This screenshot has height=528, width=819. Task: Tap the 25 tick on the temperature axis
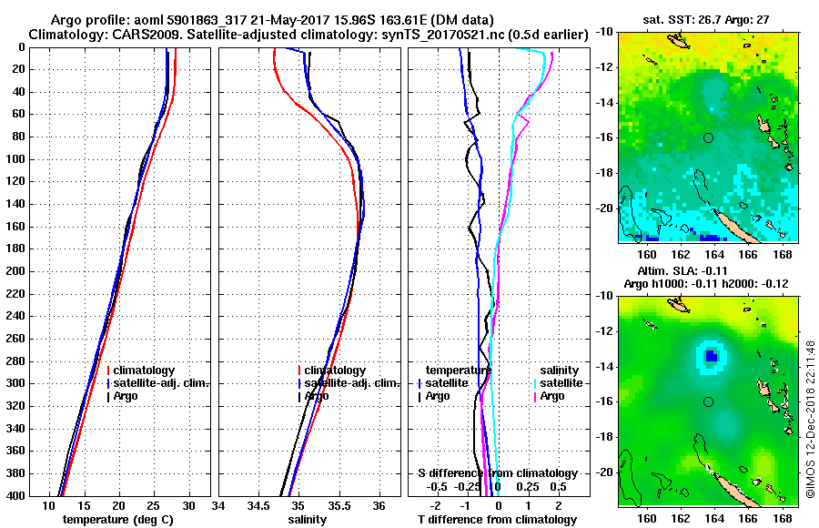[x=154, y=506]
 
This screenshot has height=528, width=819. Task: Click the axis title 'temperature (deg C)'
[x=117, y=519]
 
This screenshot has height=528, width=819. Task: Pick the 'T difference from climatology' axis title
[x=497, y=519]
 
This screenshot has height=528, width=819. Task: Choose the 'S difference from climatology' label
[x=497, y=473]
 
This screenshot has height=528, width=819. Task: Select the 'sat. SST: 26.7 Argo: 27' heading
[x=708, y=19]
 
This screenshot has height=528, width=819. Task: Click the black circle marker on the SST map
[x=708, y=137]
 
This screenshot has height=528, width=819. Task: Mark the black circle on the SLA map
[x=708, y=401]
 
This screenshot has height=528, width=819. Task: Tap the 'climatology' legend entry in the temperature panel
[x=144, y=371]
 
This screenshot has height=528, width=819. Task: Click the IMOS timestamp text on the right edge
[x=809, y=419]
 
